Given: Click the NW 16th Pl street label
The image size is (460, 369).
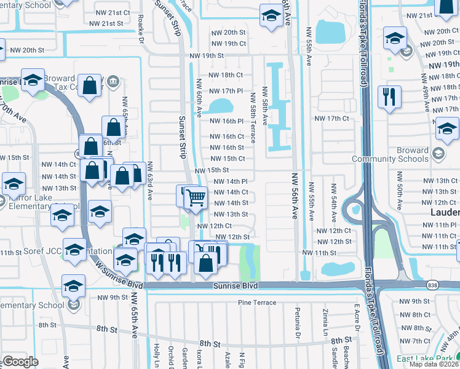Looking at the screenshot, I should [x=227, y=121].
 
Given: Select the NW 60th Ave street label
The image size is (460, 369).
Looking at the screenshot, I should [x=199, y=98].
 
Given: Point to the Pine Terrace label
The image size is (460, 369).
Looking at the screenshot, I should [x=255, y=303].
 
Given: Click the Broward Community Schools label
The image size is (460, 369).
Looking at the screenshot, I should [x=391, y=154].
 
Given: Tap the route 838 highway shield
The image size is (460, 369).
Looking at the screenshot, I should [x=433, y=285].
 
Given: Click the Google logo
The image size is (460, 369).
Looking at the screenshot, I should [x=20, y=361].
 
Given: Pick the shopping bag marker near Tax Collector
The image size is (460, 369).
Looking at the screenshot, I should [x=90, y=86].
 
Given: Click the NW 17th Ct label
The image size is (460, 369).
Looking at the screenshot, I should [x=331, y=118].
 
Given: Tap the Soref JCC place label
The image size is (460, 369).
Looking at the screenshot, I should [x=31, y=252].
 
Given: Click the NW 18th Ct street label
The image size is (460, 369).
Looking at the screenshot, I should [x=226, y=75].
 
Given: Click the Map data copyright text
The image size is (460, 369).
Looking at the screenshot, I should [x=434, y=364].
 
